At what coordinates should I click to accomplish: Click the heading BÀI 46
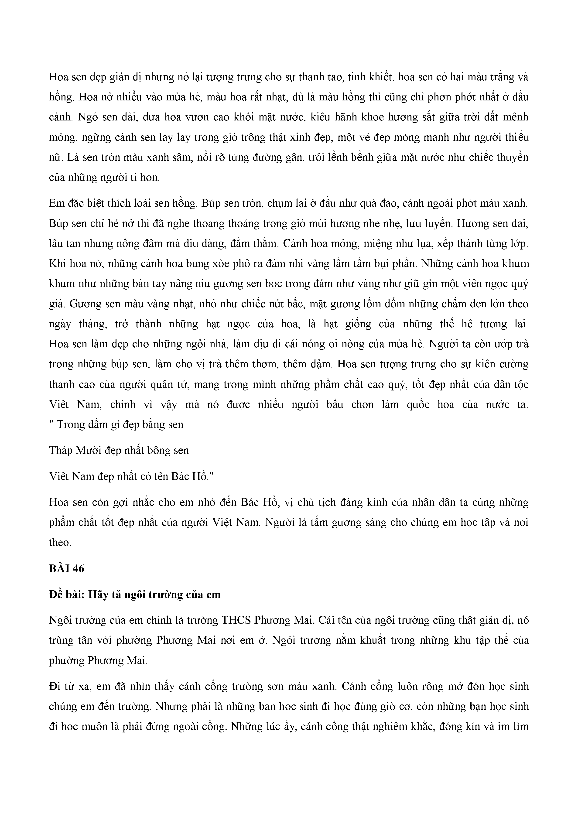(x=67, y=569)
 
